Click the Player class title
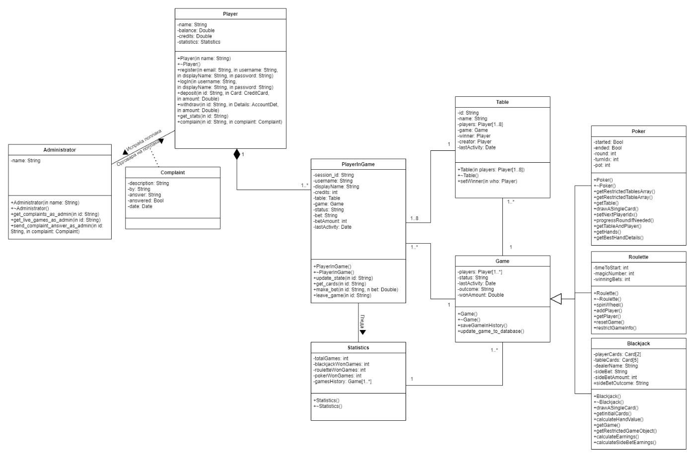pyautogui.click(x=230, y=14)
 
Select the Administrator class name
pyautogui.click(x=60, y=150)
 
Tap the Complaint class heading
pyautogui.click(x=173, y=173)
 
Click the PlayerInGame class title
pyautogui.click(x=358, y=164)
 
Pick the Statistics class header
pyautogui.click(x=358, y=348)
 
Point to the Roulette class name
pyautogui.click(x=638, y=257)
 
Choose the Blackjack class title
pyautogui.click(x=638, y=343)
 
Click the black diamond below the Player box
pyautogui.click(x=237, y=154)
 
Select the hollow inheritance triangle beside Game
pyautogui.click(x=556, y=299)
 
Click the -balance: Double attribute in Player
pyautogui.click(x=196, y=30)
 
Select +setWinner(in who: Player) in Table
pyautogui.click(x=487, y=181)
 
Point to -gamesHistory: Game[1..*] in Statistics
pyautogui.click(x=343, y=382)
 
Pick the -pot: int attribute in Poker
pyautogui.click(x=602, y=165)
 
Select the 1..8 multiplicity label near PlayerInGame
pyautogui.click(x=414, y=218)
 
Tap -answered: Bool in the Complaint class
pyautogui.click(x=145, y=200)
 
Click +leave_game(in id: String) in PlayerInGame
pyautogui.click(x=342, y=295)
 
